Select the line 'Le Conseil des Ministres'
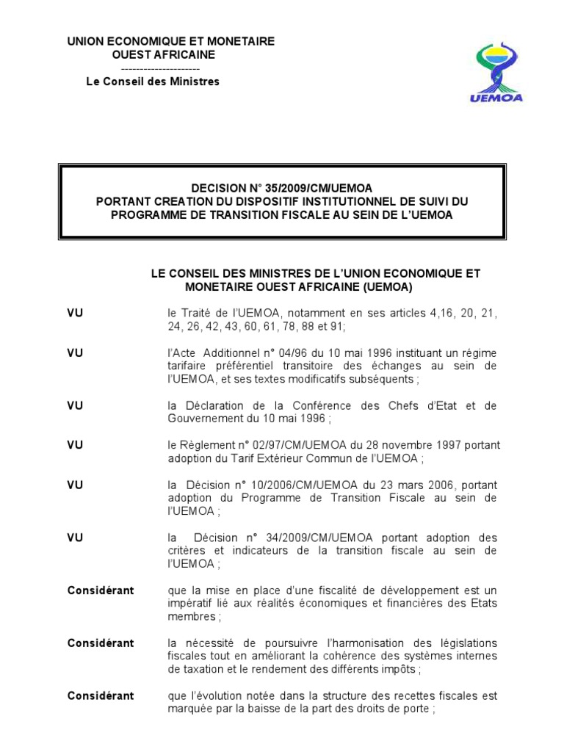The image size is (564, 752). point(153,82)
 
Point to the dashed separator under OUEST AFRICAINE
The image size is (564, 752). point(153,68)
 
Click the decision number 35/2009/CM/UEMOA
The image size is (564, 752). point(309,188)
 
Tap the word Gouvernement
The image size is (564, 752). point(203,419)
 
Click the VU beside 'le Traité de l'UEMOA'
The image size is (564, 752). point(75,314)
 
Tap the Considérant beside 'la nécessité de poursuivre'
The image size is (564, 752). point(101,643)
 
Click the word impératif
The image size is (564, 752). point(190,604)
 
